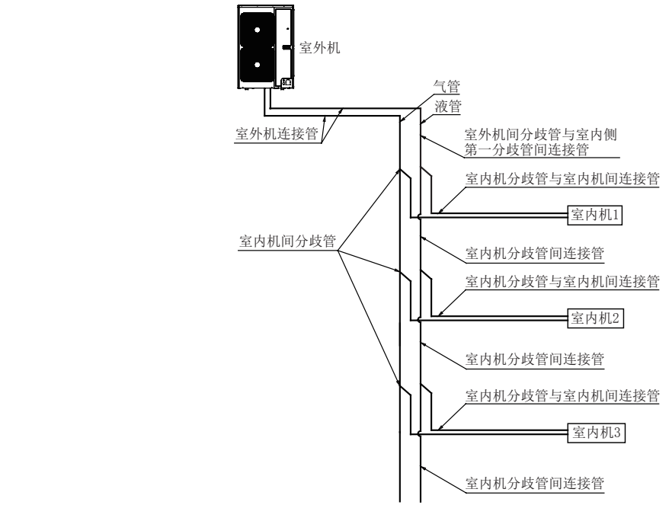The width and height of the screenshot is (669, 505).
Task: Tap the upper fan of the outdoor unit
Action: coord(256,30)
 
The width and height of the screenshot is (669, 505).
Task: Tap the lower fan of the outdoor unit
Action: coord(256,66)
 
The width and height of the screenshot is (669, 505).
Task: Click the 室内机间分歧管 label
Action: coord(287,241)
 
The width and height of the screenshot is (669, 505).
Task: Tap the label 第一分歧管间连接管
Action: coord(526,149)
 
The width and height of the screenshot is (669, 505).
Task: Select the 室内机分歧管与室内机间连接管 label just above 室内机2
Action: coord(562,282)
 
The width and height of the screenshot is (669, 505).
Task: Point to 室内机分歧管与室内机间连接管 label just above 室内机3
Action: coord(562,396)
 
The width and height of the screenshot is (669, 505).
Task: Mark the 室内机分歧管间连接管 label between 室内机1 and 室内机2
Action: coord(534,251)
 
